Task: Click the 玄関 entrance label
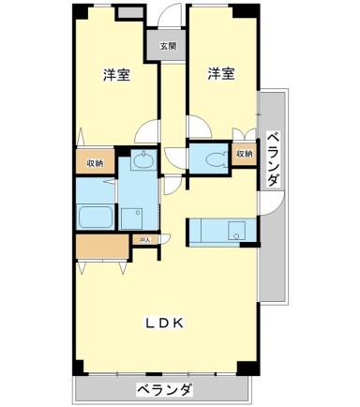167,46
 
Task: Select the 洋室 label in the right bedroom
220,74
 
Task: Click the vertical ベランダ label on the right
272,159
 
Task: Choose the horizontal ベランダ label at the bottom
164,389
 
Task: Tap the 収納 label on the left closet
95,162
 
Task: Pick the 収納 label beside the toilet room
244,154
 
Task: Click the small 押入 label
144,241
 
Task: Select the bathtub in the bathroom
96,218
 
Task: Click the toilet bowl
214,158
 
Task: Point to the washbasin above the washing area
143,162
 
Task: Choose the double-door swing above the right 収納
244,132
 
